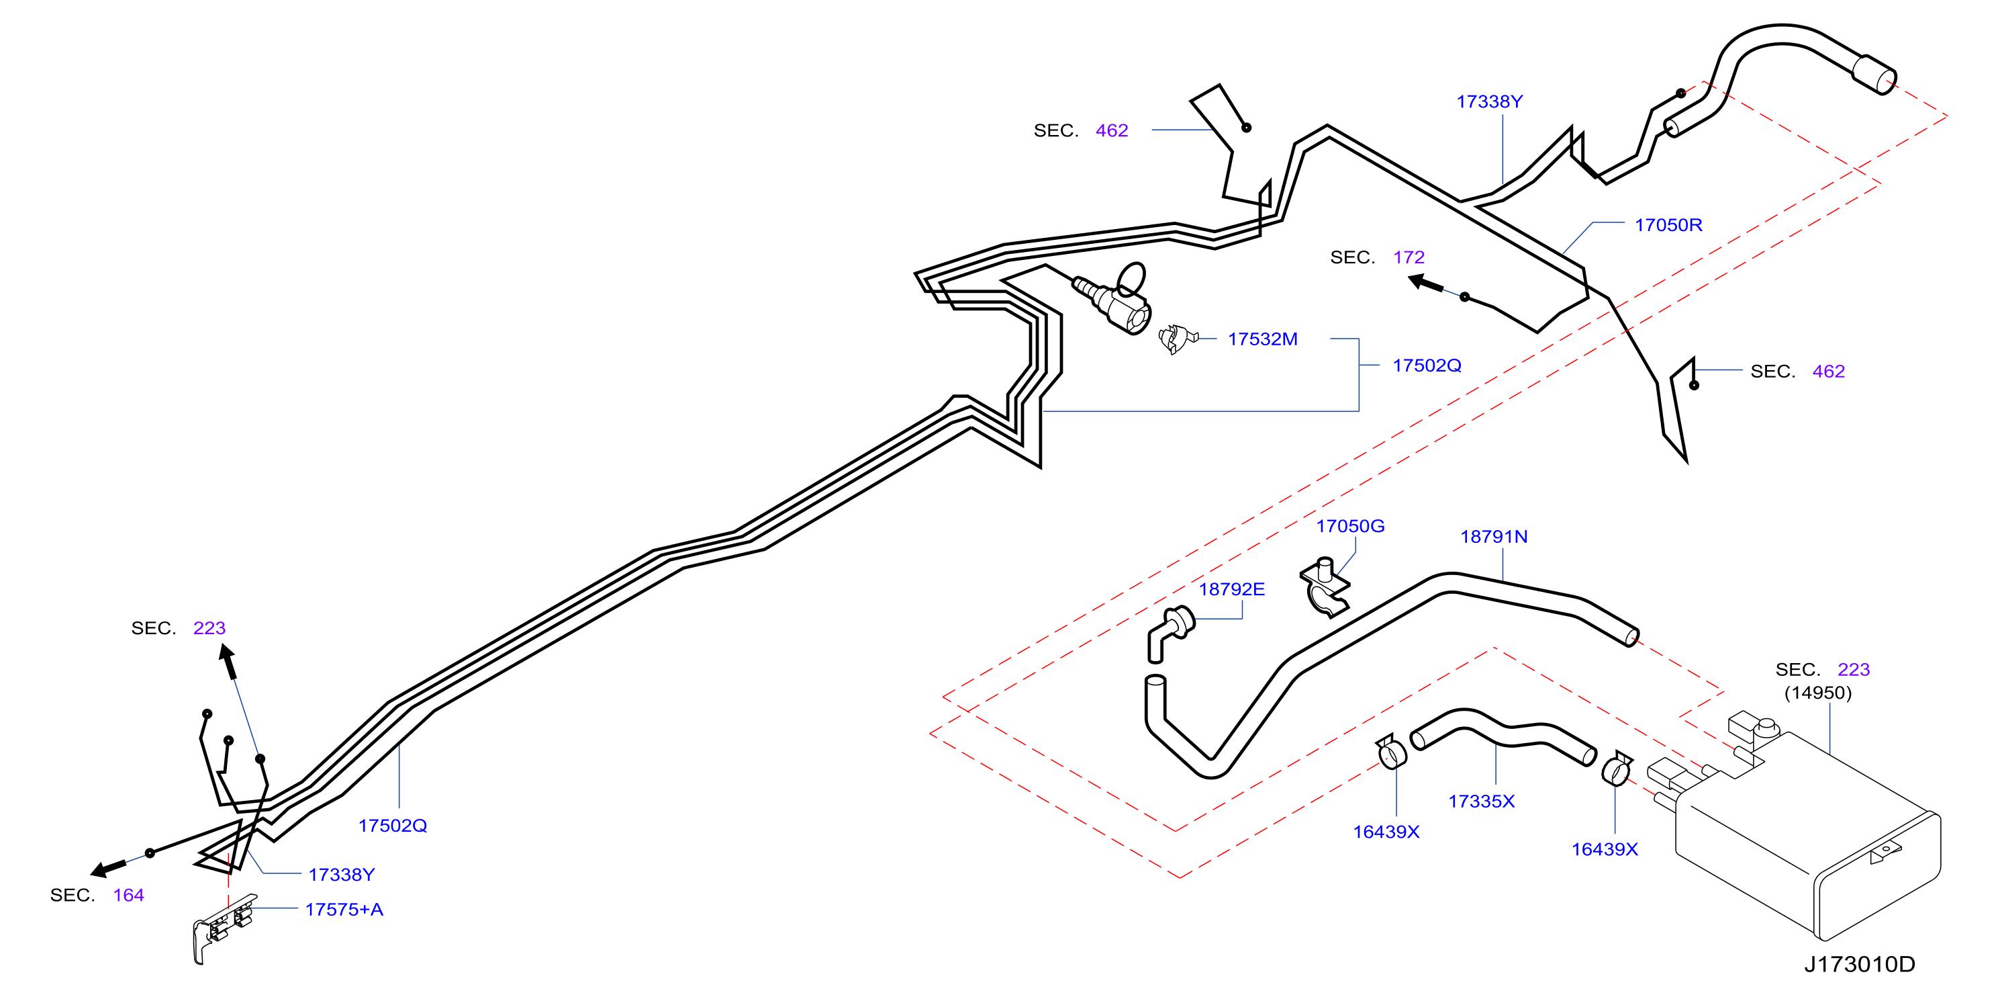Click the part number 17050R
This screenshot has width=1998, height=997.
[1668, 225]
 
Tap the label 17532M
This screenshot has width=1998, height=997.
[1262, 339]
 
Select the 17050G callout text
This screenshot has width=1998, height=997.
[1349, 526]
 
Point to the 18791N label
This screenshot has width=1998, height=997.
[1494, 537]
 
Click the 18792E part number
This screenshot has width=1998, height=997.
[1232, 590]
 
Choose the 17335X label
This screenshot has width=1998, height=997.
[1482, 801]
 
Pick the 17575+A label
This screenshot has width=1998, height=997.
[344, 910]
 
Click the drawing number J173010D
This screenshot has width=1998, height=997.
[1859, 964]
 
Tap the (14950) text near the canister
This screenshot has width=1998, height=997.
[1818, 692]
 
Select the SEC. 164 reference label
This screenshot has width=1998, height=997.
[97, 896]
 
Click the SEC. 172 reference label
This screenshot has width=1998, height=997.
[1378, 257]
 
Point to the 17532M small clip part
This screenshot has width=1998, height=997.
[1177, 339]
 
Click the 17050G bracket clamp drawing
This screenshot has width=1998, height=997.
[1325, 587]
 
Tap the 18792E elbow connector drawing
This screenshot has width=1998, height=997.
[1170, 632]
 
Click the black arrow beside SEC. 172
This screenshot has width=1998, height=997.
[1425, 284]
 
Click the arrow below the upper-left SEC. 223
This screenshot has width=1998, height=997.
[228, 662]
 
